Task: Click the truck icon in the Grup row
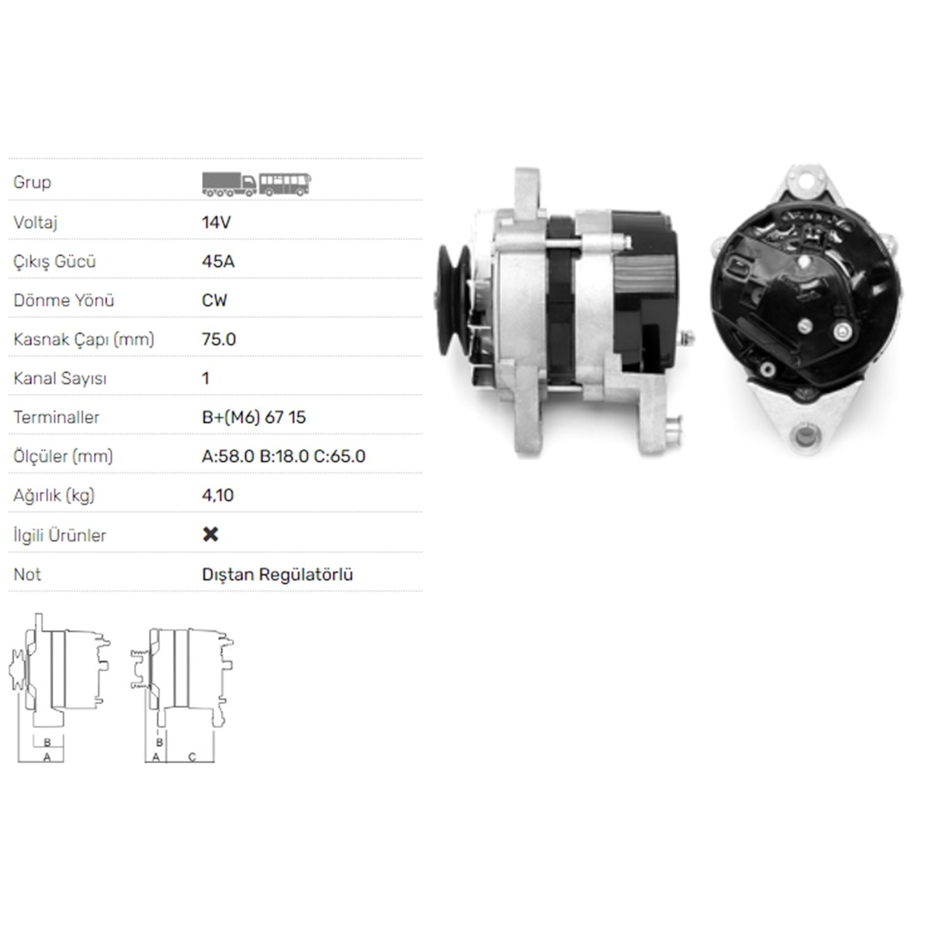(x=229, y=184)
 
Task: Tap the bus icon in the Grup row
(x=285, y=184)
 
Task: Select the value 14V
(x=216, y=222)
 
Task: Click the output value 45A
(x=218, y=261)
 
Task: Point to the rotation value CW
(x=214, y=300)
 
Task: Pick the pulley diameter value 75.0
(x=219, y=339)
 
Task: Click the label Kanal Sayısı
(x=60, y=379)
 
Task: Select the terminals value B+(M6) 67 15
(x=253, y=417)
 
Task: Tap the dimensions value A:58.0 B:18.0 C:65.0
(x=284, y=456)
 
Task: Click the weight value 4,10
(x=218, y=495)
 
